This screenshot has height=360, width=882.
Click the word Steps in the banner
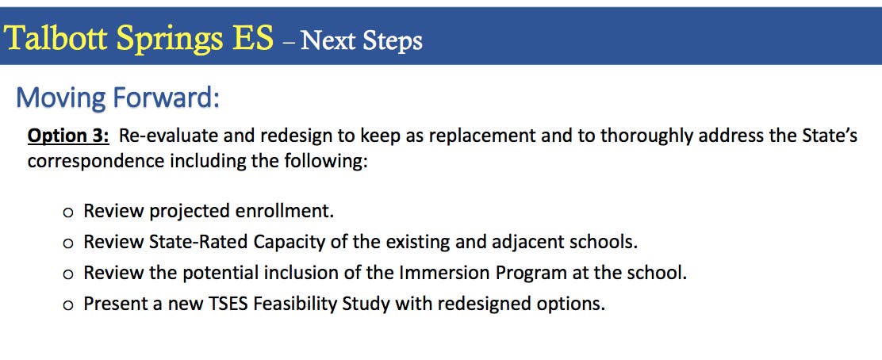(393, 41)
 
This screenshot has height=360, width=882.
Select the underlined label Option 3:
(68, 136)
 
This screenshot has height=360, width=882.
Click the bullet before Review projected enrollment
(68, 213)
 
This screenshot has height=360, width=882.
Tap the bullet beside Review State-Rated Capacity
(68, 243)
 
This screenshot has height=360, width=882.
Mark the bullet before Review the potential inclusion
(68, 274)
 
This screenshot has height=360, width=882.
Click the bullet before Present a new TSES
(68, 305)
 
